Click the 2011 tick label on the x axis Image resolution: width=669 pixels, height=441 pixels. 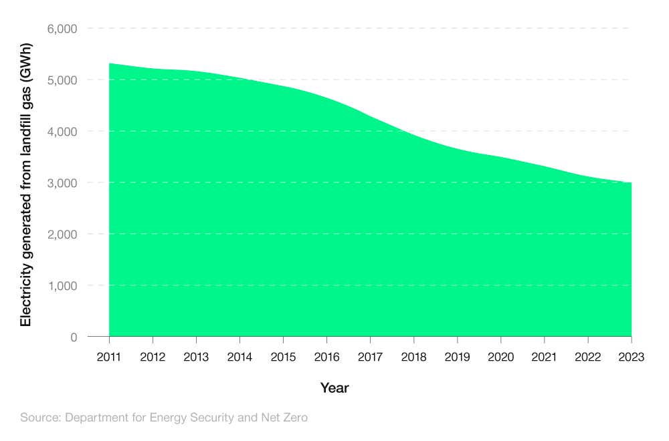109,357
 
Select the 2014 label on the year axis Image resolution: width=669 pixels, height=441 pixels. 240,357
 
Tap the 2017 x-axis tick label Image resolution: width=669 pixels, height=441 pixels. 370,357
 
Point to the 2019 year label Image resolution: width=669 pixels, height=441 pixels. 457,357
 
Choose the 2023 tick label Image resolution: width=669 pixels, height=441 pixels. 631,357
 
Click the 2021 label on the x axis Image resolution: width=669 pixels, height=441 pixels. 544,357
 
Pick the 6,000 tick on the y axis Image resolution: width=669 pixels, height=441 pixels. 62,29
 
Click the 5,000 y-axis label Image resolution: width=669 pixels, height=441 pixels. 62,80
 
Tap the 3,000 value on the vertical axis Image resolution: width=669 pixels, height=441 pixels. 62,183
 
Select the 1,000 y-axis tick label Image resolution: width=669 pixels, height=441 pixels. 62,286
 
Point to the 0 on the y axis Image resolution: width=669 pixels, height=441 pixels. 74,337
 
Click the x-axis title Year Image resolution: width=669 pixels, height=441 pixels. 334,388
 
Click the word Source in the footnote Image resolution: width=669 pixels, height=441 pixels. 39,418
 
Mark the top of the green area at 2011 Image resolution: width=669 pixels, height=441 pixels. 109,64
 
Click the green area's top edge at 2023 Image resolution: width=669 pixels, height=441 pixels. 631,182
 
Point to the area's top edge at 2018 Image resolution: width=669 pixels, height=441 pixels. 413,136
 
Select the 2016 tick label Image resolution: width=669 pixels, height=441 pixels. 326,357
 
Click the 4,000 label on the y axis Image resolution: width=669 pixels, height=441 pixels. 62,132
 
